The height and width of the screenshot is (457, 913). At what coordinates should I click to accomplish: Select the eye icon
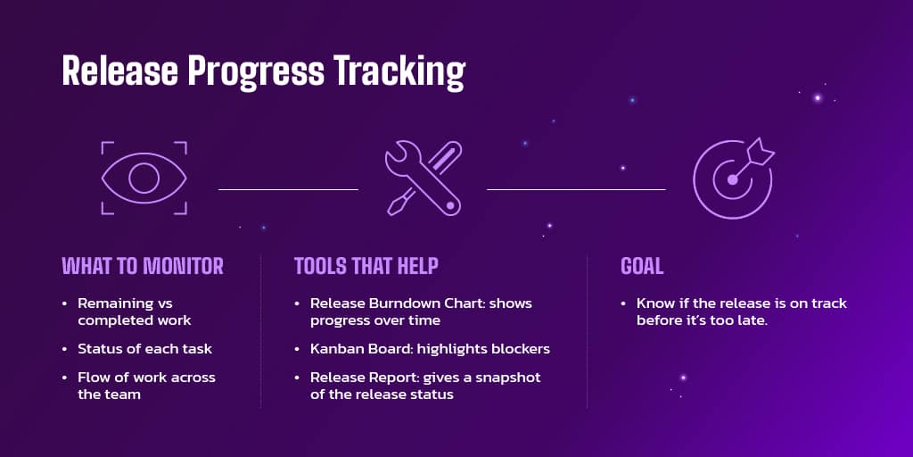[x=144, y=179]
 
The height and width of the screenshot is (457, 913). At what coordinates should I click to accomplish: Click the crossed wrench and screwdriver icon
[x=423, y=179]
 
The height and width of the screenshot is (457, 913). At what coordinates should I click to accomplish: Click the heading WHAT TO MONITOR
[x=143, y=266]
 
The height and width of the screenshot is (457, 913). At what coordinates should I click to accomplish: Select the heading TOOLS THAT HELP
[x=366, y=266]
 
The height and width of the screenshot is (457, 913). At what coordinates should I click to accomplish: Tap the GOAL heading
[x=642, y=266]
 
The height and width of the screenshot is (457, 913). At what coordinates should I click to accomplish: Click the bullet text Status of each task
[x=144, y=348]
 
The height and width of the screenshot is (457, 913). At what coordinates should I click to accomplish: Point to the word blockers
[x=521, y=348]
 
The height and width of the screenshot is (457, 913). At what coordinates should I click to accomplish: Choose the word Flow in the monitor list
[x=94, y=378]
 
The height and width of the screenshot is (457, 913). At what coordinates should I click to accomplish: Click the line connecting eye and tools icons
[x=288, y=189]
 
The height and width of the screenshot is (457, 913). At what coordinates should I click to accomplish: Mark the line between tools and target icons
[x=576, y=189]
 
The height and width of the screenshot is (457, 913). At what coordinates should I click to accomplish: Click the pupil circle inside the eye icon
[x=144, y=179]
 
